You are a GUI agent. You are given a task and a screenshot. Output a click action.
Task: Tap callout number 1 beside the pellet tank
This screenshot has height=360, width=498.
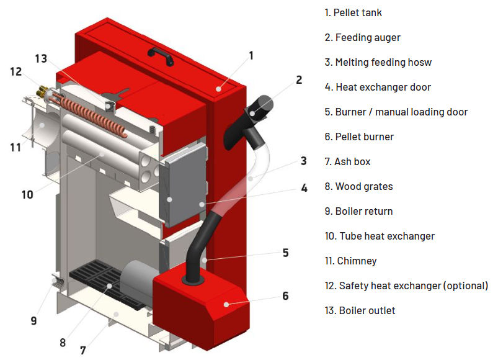point(251,55)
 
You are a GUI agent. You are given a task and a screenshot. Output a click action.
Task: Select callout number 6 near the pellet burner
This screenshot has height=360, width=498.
point(285,296)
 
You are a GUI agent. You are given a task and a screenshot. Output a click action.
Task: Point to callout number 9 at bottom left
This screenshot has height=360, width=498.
point(33,321)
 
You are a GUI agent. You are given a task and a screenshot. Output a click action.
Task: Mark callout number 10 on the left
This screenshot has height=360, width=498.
point(27,194)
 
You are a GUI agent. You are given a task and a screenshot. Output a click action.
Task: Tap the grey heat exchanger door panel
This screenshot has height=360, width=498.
point(184,183)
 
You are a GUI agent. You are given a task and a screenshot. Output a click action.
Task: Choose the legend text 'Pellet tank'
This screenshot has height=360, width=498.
point(363,12)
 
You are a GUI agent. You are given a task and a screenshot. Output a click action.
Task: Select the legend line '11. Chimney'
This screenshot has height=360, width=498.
point(350,261)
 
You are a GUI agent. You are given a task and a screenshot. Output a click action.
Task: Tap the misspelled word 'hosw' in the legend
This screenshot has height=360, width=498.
point(418,62)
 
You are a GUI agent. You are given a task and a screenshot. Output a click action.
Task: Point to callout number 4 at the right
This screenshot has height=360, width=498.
point(304,187)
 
